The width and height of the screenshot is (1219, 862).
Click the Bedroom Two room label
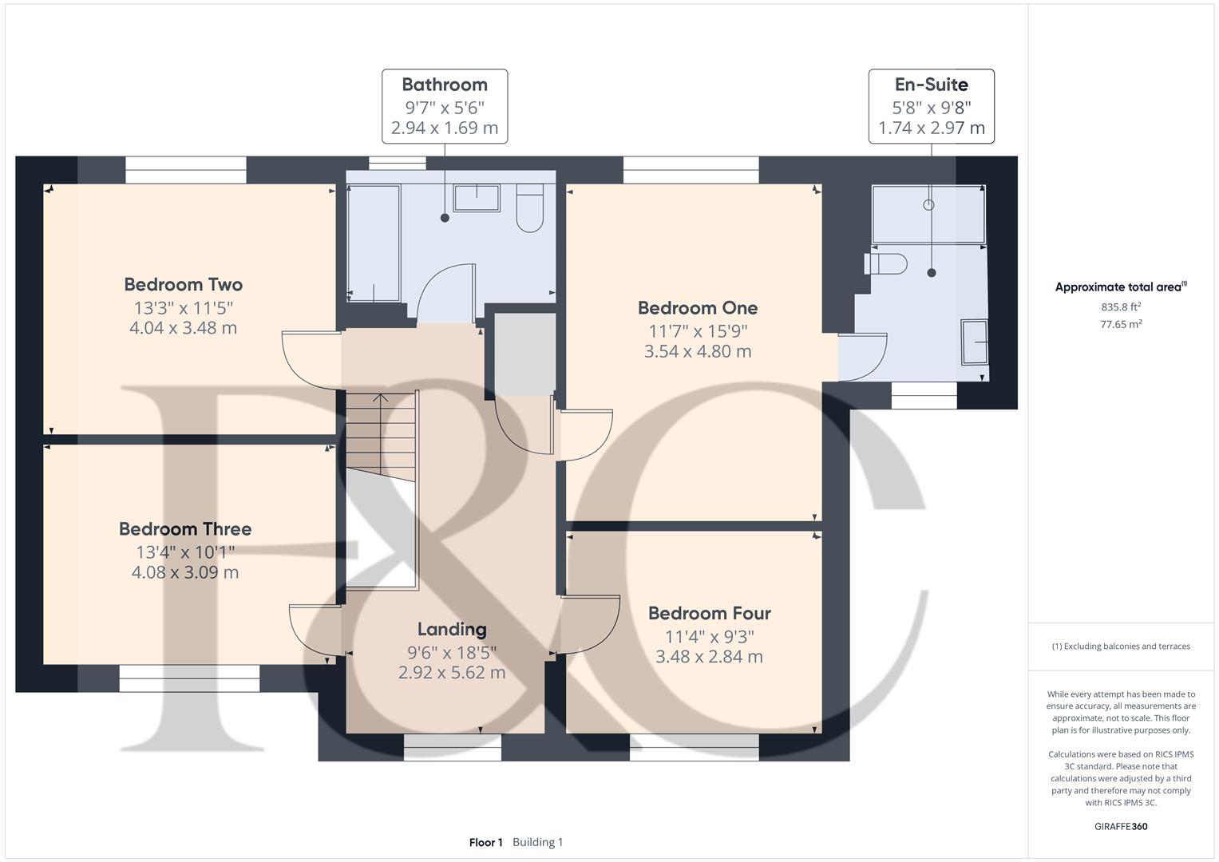(183, 285)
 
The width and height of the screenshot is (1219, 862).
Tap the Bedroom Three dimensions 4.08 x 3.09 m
(185, 572)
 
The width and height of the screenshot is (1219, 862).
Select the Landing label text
(452, 630)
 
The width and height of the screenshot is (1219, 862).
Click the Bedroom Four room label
(709, 614)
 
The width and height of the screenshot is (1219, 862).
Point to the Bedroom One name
(698, 308)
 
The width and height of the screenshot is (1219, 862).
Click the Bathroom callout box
(444, 106)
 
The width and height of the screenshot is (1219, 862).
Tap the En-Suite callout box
(931, 106)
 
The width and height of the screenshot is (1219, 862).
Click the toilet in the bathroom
(529, 209)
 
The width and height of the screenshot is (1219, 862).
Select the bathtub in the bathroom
(374, 243)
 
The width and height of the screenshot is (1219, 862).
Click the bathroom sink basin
(477, 198)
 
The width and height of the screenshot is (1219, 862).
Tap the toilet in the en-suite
(888, 263)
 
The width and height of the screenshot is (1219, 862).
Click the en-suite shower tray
(928, 214)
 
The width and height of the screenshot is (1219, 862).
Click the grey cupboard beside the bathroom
(524, 354)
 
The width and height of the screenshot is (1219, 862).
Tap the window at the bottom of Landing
(452, 747)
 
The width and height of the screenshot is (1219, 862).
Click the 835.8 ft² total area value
(1121, 306)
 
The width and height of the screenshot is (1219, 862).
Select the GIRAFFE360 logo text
(1121, 826)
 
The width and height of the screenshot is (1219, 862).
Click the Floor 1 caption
(485, 842)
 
